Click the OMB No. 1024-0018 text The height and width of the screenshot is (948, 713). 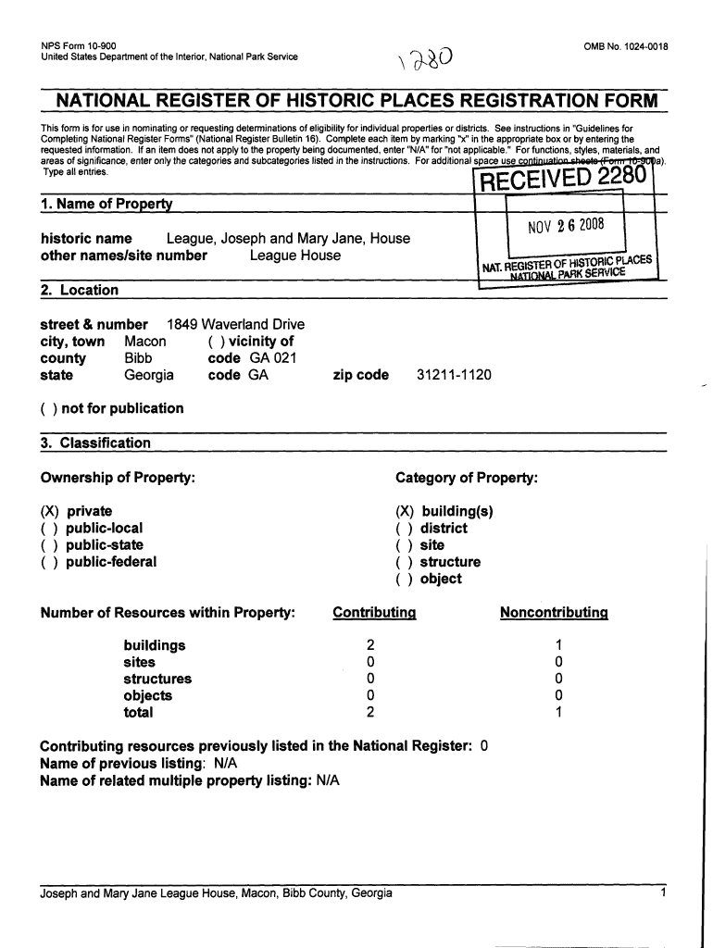626,46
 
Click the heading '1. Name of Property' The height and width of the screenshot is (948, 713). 107,204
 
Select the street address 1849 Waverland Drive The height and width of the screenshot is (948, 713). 235,325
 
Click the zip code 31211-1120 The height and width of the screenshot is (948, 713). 455,375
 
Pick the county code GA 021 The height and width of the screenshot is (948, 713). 267,358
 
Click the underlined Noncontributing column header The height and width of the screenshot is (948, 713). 554,612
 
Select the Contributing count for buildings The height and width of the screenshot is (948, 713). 370,645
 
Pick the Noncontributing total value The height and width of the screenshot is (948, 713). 558,713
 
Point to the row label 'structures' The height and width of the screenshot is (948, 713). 157,679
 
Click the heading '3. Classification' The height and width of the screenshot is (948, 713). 95,443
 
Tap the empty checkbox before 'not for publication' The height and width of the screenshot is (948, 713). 49,408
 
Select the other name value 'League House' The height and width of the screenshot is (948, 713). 295,256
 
